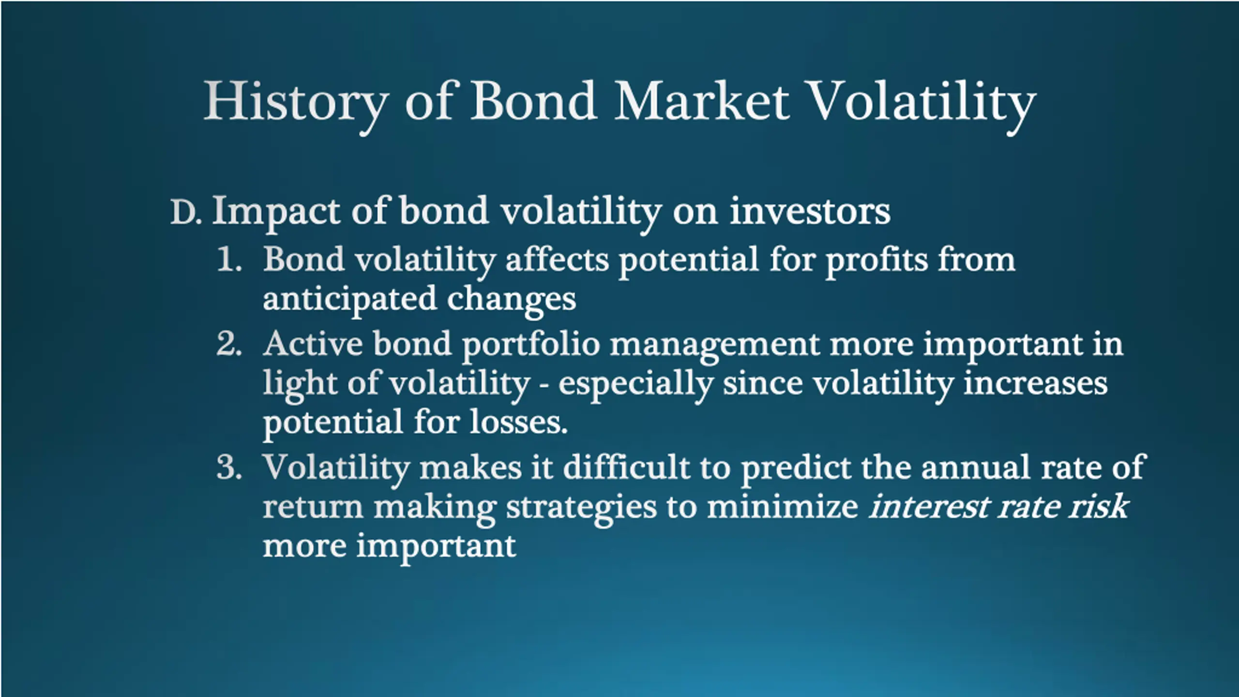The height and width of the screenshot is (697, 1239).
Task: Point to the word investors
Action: [x=810, y=212]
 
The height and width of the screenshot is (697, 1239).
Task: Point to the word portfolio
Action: [x=531, y=347]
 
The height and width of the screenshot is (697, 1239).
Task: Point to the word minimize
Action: [x=783, y=507]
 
